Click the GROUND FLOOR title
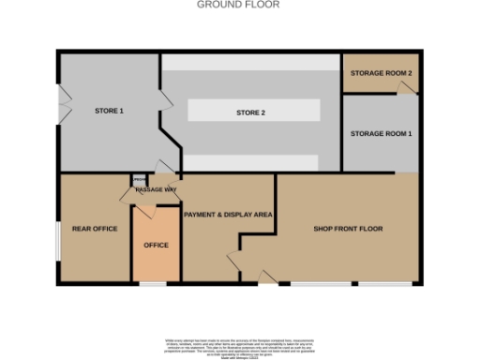coord(238,5)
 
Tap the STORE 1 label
coord(110,112)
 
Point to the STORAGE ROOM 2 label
coord(381,72)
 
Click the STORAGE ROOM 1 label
coord(381,134)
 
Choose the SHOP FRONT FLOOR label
coord(348,229)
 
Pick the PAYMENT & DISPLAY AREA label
coord(228,215)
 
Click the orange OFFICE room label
coord(156,245)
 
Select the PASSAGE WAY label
coord(157,190)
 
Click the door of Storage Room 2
coord(404,87)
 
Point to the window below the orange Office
coord(154,282)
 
